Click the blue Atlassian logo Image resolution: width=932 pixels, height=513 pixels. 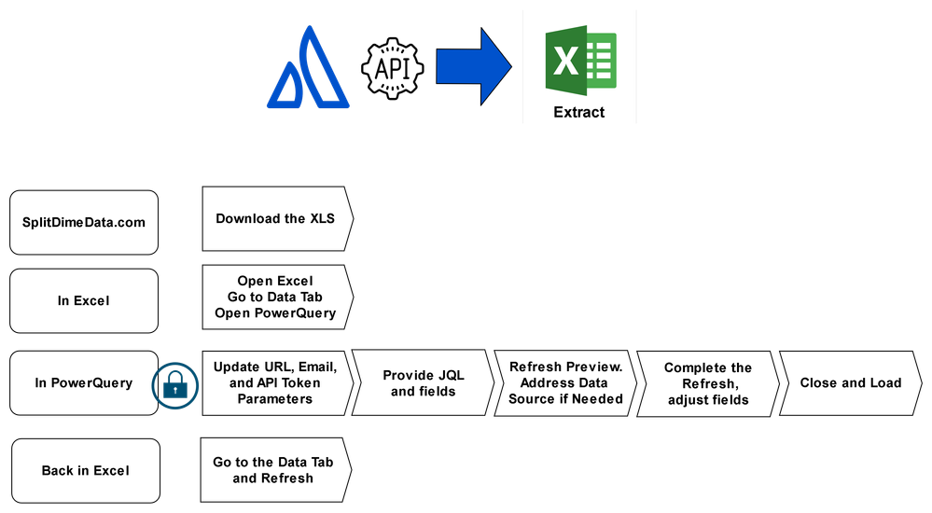[x=308, y=69]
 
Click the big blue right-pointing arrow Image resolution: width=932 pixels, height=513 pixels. [x=473, y=65]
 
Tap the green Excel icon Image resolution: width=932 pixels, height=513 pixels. [x=579, y=60]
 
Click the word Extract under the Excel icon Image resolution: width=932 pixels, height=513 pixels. [x=578, y=113]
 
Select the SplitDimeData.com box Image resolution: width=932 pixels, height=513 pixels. [x=84, y=222]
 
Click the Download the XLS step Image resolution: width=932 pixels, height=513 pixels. [x=275, y=219]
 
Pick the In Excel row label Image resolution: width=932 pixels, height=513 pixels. [x=84, y=300]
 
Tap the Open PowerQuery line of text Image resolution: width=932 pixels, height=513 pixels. [x=275, y=313]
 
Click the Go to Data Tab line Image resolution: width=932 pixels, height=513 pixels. [x=275, y=298]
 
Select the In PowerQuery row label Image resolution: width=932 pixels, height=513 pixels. [x=84, y=382]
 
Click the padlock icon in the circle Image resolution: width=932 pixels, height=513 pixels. [x=174, y=384]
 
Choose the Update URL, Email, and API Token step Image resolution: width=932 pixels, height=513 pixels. [x=275, y=382]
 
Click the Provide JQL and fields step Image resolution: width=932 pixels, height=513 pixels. [x=424, y=383]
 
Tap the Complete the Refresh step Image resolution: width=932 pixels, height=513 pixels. [x=707, y=383]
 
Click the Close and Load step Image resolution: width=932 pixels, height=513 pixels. [x=850, y=382]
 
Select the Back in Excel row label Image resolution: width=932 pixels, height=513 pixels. [x=85, y=471]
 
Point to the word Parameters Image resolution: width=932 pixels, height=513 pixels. [x=275, y=398]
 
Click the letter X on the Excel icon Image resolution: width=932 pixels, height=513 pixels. [x=565, y=62]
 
